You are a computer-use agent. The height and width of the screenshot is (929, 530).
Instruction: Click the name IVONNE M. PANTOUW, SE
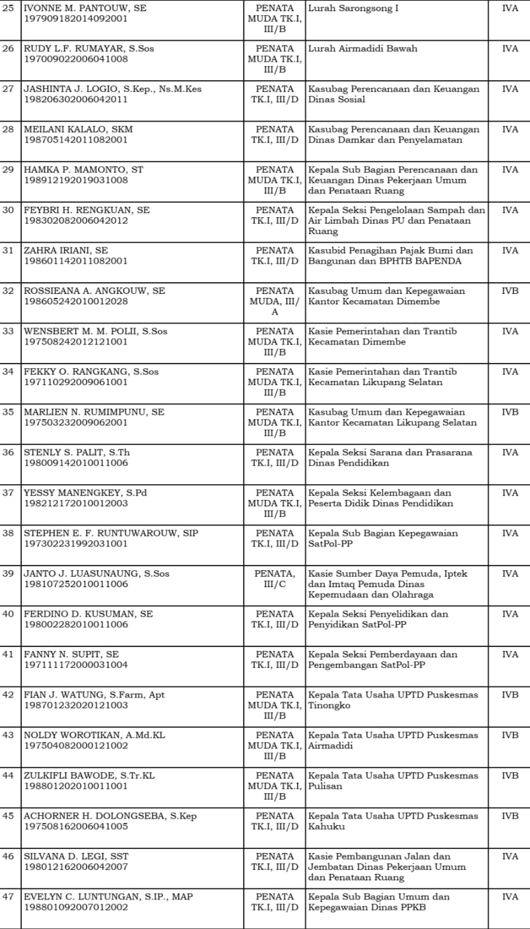pos(85,8)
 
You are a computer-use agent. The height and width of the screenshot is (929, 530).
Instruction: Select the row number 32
pos(8,291)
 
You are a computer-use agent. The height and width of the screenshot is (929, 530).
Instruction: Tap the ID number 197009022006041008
pos(76,59)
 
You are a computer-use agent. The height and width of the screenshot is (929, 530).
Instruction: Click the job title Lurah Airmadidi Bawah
pos(362,49)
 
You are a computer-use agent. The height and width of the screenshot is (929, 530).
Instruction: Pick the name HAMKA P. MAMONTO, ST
pos(84,170)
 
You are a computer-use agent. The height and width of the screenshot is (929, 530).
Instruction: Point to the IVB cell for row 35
pos(510,412)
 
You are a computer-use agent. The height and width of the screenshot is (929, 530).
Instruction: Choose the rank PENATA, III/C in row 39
pos(274,579)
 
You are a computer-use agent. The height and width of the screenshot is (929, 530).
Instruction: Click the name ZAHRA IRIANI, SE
pos(66,250)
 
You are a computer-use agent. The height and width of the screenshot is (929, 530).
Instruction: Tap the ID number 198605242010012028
pos(76,301)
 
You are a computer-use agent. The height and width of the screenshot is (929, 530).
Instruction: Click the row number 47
pos(8,896)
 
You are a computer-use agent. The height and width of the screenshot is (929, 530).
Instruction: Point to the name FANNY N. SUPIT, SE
pos(71,654)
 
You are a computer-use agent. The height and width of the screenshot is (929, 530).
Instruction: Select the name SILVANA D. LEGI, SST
pos(76,856)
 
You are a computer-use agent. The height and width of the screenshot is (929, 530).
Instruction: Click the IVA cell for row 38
pos(510,533)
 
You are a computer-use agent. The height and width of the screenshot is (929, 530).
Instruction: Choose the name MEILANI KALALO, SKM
pos(78,129)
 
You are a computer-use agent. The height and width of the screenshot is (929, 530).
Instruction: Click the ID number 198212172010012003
pos(76,503)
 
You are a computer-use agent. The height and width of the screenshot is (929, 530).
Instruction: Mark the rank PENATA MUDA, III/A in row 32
pos(274,301)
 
